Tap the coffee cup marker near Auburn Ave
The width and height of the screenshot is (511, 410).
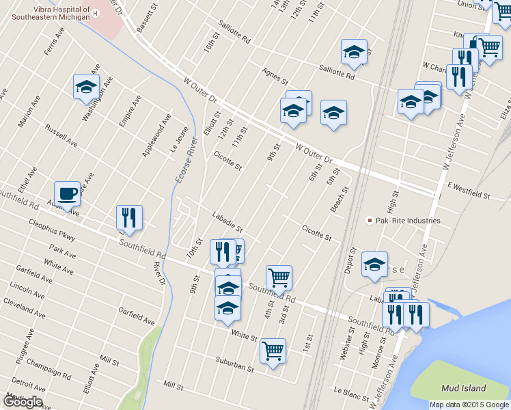pos(67,195)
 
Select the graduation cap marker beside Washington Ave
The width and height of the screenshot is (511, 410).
pos(86,87)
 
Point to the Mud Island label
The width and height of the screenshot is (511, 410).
pos(462,388)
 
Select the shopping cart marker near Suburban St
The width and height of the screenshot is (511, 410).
pos(273,351)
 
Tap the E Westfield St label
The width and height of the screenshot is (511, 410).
pos(469,191)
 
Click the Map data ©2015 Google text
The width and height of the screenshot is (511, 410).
pos(469,405)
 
